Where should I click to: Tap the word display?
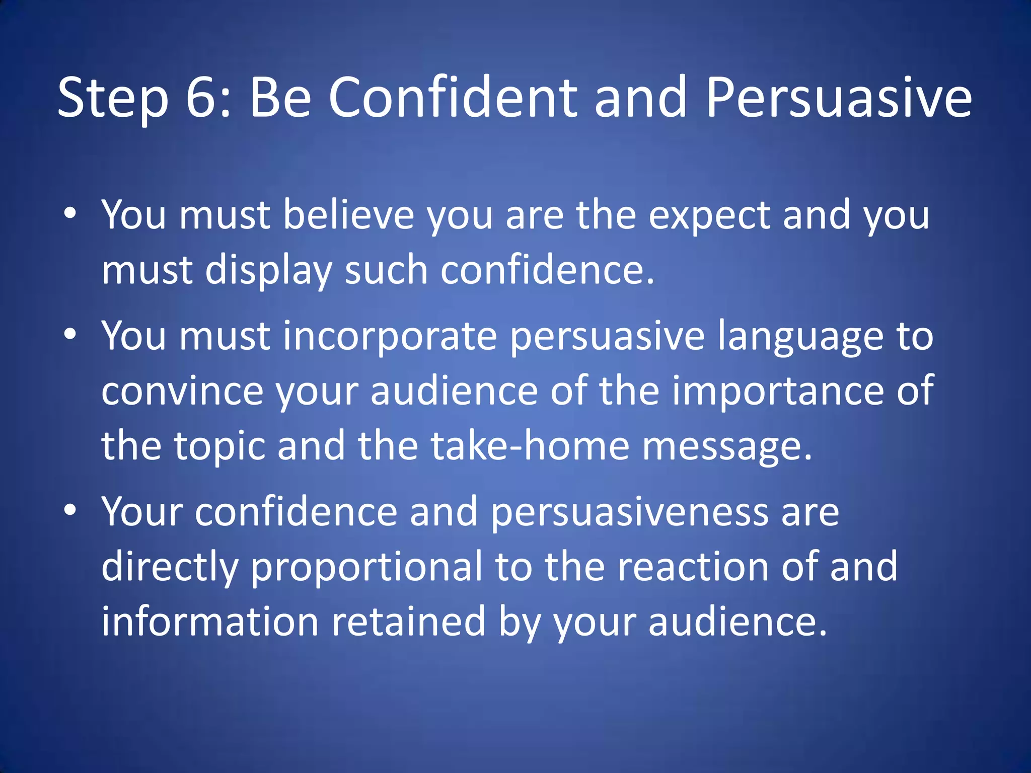tap(268, 271)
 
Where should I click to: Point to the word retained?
tap(408, 622)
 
